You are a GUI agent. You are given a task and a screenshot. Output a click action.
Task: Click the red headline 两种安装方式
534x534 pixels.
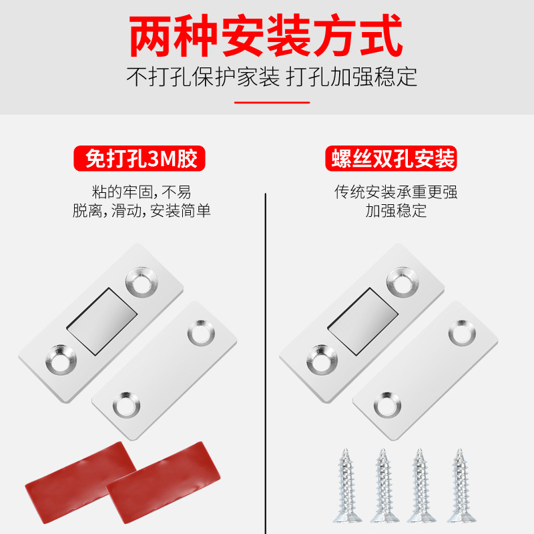point(266,35)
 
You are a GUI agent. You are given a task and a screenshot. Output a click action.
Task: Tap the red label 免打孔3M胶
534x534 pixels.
point(140,158)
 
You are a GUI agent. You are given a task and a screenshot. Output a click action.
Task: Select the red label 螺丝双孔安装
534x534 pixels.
point(391,158)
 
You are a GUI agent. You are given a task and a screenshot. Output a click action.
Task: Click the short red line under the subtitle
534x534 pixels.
point(272,102)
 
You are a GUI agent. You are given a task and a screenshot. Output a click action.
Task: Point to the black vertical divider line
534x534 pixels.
point(265,363)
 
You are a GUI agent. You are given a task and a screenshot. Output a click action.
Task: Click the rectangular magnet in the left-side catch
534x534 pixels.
point(101,321)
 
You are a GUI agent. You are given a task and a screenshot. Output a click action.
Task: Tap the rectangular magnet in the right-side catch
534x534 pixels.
point(362,321)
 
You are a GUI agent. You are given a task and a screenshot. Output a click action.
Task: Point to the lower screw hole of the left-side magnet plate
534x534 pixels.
point(61,360)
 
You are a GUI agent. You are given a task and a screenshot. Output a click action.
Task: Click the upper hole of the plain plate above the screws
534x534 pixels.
point(462,333)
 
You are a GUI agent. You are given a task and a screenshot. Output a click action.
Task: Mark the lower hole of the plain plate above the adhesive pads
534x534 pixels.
point(126,405)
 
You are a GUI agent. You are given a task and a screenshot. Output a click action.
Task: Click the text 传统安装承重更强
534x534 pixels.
point(396,192)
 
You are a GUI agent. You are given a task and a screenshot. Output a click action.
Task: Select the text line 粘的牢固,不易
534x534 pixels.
point(142,192)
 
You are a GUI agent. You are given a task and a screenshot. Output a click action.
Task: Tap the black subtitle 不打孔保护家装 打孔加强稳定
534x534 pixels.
point(272,77)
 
